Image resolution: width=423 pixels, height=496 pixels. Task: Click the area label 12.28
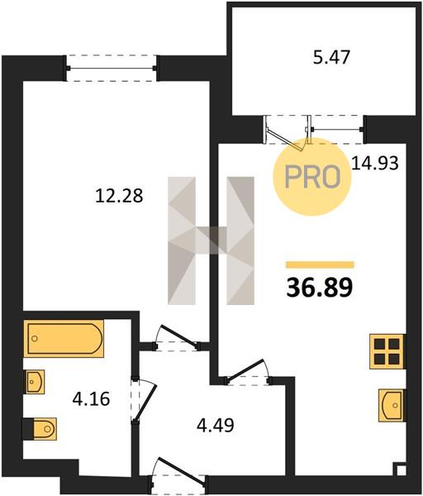(119, 196)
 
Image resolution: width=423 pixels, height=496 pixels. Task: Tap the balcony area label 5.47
(331, 58)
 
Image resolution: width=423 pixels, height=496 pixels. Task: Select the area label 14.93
(375, 164)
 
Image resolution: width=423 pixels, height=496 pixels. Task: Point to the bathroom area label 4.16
(91, 398)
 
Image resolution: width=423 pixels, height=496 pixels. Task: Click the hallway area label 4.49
(216, 425)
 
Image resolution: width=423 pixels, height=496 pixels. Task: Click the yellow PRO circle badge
(312, 177)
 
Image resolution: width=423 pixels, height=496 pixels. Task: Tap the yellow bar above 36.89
(320, 265)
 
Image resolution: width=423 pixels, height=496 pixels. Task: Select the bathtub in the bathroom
(64, 338)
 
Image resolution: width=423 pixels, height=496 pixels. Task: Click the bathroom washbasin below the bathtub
(34, 382)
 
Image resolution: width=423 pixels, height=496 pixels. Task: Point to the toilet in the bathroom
(40, 429)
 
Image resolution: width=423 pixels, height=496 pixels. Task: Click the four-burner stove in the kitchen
(387, 351)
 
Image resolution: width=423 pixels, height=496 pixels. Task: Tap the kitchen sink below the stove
(392, 405)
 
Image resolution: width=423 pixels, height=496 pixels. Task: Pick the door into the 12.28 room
(177, 338)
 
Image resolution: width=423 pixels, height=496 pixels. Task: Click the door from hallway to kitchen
(247, 372)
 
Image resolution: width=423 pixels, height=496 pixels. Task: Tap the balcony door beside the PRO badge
(286, 132)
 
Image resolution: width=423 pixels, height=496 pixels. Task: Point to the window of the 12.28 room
(112, 68)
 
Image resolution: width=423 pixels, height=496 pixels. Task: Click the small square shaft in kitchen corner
(401, 470)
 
